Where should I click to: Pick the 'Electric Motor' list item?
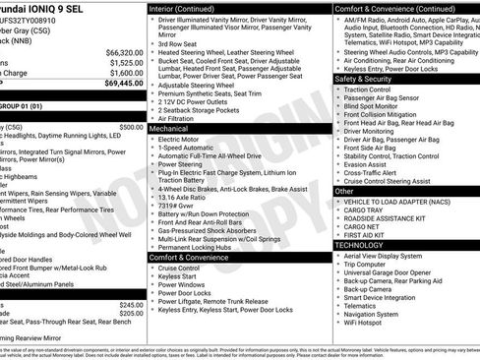click(183, 140)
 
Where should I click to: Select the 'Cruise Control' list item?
click(179, 268)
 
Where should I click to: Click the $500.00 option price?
click(131, 127)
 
